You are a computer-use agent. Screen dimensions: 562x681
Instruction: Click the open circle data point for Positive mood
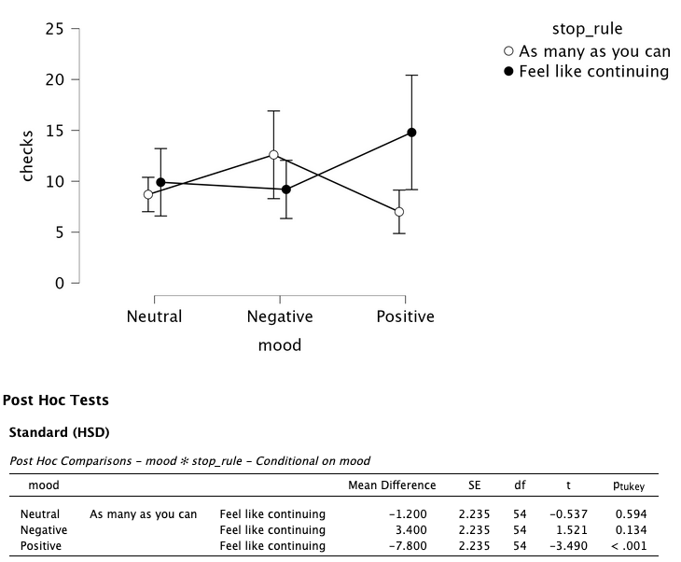point(399,212)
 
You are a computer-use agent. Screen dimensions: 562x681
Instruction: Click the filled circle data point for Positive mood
point(411,133)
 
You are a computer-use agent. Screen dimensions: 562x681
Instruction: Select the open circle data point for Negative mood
point(273,155)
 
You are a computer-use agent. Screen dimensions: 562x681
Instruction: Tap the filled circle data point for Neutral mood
point(160,183)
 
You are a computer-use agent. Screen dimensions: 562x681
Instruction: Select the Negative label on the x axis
point(280,316)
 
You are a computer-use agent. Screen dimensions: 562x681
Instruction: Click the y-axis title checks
point(27,156)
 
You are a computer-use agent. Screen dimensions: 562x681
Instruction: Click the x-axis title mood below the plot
point(280,345)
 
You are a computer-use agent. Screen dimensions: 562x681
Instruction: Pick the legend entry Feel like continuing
point(594,71)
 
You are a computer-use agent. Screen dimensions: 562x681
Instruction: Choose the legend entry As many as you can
point(594,51)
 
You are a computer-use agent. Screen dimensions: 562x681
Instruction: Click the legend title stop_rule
point(587,29)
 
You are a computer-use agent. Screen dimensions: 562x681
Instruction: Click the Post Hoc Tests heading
point(56,400)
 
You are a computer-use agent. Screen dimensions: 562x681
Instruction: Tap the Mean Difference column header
point(392,485)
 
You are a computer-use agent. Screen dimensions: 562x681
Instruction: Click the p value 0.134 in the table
point(631,530)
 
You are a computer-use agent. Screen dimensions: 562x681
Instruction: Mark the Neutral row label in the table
point(40,514)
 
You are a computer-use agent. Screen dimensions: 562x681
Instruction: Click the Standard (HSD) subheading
point(59,432)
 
